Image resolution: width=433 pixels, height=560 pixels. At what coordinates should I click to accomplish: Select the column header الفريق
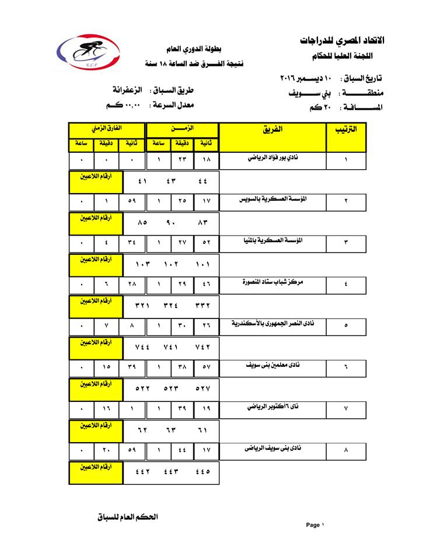click(x=273, y=129)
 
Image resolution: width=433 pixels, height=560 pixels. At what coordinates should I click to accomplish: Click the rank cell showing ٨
click(x=345, y=452)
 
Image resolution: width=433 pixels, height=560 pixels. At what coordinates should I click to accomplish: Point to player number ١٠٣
click(x=143, y=264)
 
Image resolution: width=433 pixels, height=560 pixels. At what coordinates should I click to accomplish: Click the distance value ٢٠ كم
click(x=316, y=107)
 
